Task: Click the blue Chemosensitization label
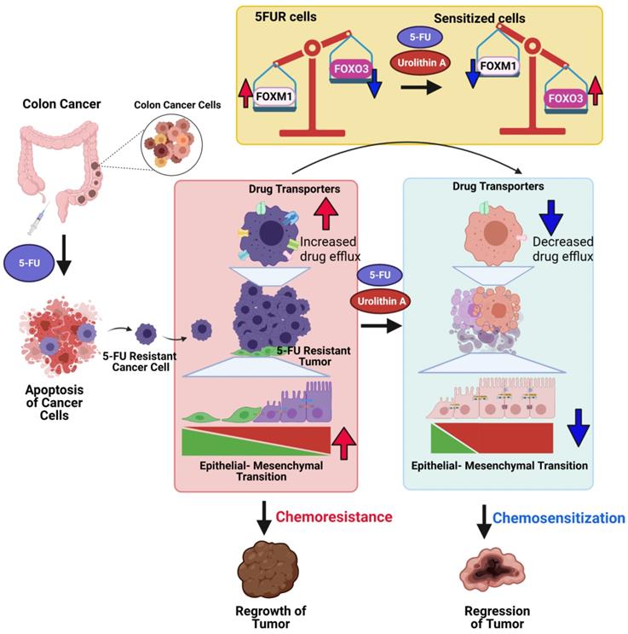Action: click(x=559, y=518)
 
